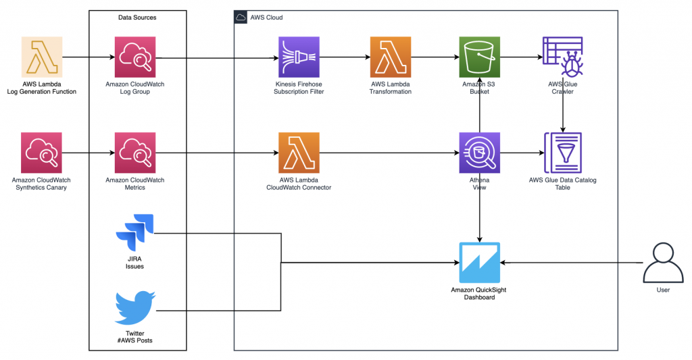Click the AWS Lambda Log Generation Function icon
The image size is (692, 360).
coord(42,57)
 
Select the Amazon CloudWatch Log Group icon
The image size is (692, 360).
coord(135,57)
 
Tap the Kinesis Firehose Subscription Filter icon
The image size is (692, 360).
coord(299,57)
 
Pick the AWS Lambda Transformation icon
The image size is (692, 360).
coord(391,57)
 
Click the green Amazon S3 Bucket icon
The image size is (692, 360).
coord(480,57)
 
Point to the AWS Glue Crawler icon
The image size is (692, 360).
coord(563,57)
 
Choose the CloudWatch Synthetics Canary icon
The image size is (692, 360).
coord(41,153)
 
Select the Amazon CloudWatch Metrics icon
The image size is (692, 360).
coord(135,153)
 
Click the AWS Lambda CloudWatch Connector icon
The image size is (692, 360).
coord(299,153)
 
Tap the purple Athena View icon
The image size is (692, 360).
coord(480,153)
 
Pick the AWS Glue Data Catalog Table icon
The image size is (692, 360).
coord(563,153)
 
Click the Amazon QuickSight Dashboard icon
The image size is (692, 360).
coord(480,263)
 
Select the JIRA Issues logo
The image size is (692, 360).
coord(134,232)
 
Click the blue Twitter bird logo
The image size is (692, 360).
coord(135,307)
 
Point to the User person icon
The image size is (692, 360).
coord(663,263)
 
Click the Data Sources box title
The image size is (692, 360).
coord(137,18)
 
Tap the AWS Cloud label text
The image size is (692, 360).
coord(266,18)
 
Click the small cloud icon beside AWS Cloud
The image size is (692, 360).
coord(241,18)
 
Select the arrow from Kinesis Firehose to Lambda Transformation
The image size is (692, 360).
coord(345,57)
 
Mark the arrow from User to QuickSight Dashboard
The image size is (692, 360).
coord(572,263)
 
